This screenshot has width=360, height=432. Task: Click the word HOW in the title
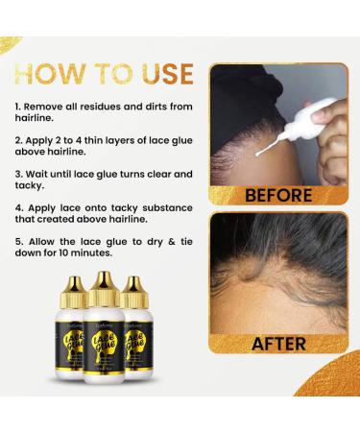[x=57, y=75]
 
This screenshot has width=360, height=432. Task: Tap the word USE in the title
[x=158, y=75]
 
